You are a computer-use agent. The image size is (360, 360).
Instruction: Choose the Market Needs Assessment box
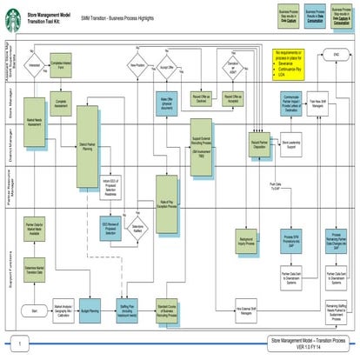(x=36, y=123)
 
